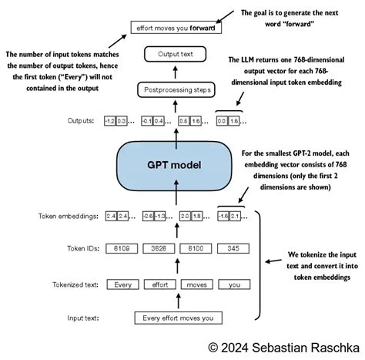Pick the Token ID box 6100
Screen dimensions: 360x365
pos(196,248)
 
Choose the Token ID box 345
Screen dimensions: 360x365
pos(233,248)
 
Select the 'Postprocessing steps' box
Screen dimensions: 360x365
pos(176,91)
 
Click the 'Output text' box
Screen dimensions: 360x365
pos(176,54)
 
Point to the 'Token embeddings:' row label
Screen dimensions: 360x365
pos(68,217)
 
